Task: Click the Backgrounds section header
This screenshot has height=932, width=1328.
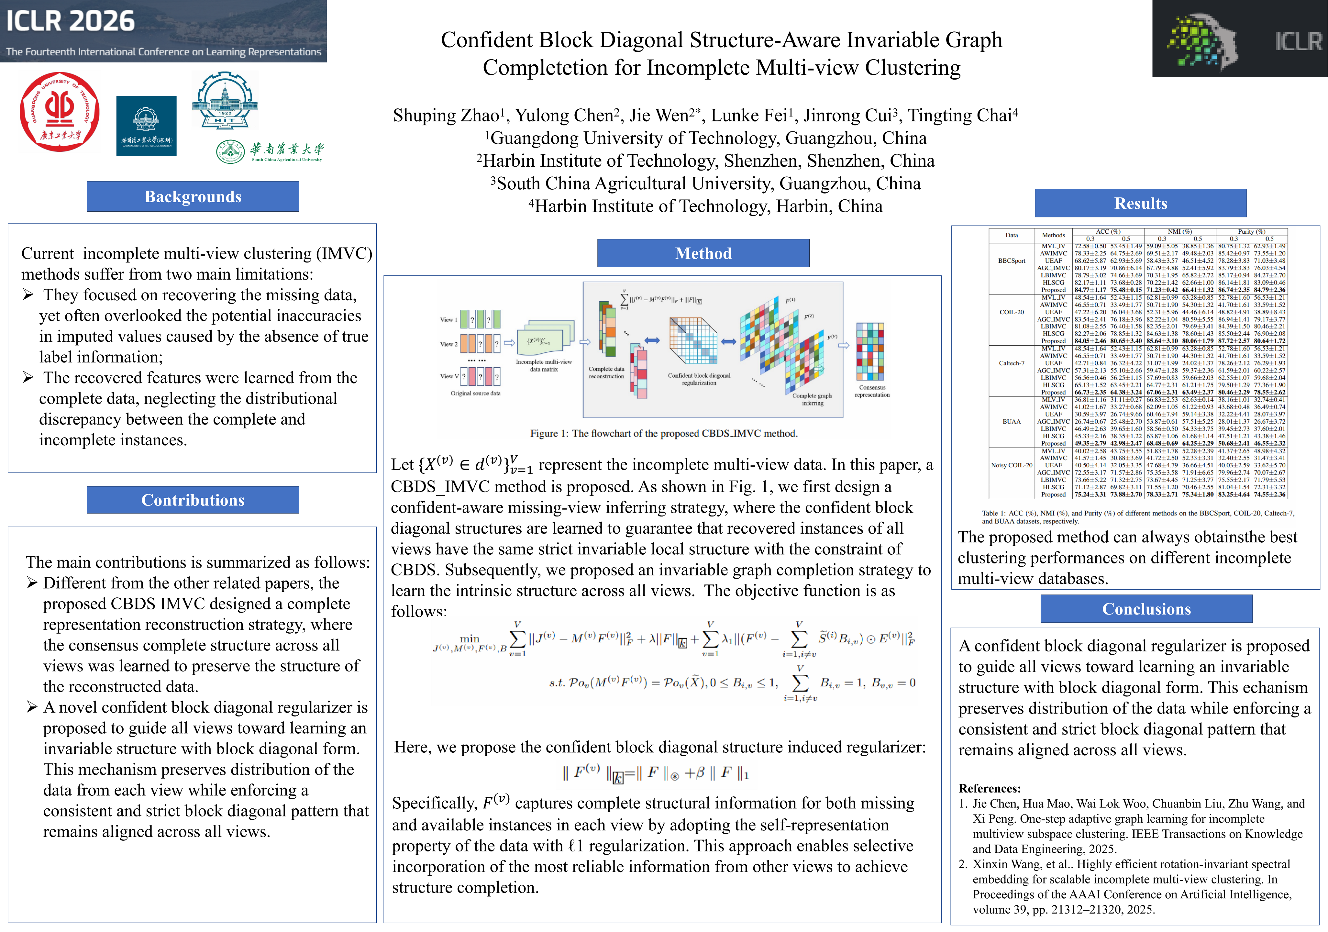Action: (193, 197)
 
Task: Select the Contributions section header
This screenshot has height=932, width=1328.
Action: (193, 500)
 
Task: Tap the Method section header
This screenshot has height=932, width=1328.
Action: (703, 253)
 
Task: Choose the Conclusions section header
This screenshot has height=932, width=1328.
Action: (1146, 609)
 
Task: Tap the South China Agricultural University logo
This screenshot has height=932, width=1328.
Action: (270, 151)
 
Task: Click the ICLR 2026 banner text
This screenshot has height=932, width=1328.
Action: (71, 21)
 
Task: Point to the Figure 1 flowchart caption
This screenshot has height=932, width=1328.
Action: (663, 433)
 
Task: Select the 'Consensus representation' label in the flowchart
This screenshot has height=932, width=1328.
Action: (872, 391)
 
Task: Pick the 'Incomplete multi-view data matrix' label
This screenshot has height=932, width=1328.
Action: (544, 365)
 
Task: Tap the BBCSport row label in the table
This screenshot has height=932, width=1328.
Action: (1012, 261)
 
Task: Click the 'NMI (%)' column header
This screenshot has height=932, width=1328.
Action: (1180, 231)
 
